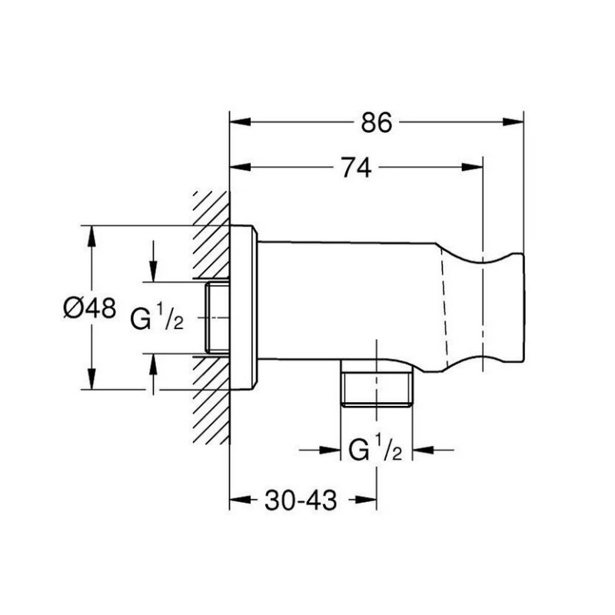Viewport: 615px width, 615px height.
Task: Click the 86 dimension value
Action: point(376,122)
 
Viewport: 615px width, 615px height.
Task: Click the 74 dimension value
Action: point(356,168)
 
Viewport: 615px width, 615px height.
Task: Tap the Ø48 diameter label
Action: point(90,307)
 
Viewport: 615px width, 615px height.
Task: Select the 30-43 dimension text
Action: point(301,500)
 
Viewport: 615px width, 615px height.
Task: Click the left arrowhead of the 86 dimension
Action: point(240,122)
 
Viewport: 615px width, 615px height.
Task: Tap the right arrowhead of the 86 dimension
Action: point(513,122)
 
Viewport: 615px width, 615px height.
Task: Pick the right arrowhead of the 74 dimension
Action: point(472,168)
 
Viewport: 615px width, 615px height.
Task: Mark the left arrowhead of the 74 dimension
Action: point(240,168)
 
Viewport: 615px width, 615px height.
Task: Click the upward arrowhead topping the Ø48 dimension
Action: point(91,236)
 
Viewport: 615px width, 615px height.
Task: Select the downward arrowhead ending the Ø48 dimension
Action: point(91,379)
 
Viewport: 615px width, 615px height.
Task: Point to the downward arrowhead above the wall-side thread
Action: point(153,271)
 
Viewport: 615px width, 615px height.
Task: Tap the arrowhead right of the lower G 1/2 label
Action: point(423,450)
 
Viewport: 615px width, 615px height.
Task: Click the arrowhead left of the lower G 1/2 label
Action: point(331,450)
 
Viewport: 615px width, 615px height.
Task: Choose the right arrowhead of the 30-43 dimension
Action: point(366,500)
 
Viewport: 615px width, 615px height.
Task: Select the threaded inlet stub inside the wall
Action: point(217,317)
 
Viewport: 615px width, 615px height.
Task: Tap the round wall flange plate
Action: point(243,307)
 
